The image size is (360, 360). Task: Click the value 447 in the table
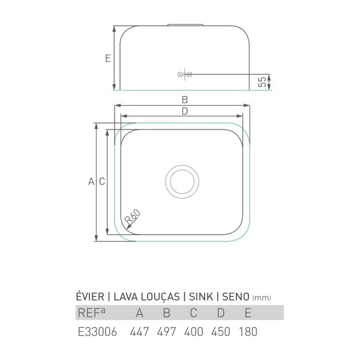tap(139, 332)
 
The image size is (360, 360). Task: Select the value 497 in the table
tap(166, 332)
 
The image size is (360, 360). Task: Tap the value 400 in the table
tap(194, 332)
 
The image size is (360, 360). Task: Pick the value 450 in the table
tap(221, 332)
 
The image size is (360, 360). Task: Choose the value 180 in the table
tap(248, 332)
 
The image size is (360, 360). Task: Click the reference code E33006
tap(97, 332)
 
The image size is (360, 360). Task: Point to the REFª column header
tap(92, 313)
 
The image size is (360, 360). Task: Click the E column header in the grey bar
tap(248, 313)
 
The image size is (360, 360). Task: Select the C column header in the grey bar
tap(194, 313)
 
